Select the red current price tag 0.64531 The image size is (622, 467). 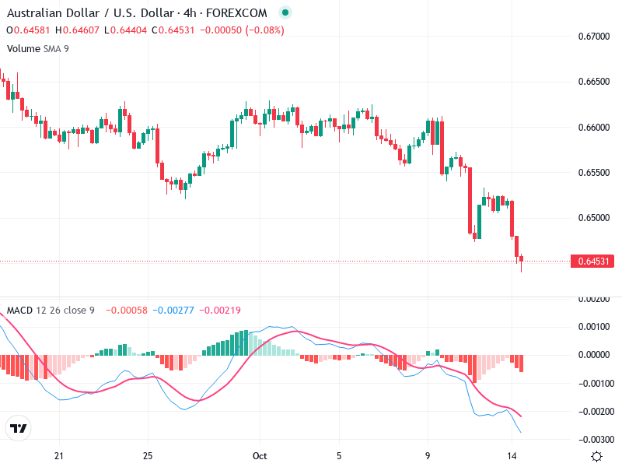[592, 262]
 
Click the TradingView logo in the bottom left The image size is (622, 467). [19, 428]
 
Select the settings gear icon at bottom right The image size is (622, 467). [596, 456]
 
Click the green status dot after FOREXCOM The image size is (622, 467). [285, 13]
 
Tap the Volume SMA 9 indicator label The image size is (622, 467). [37, 48]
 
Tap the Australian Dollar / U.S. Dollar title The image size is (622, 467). [89, 13]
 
